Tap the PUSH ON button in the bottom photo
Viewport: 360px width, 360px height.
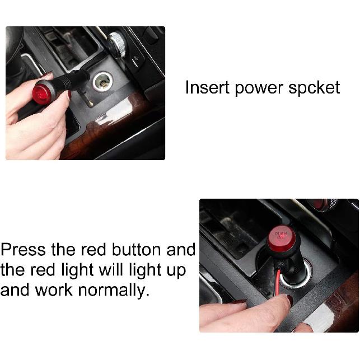(x=281, y=236)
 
